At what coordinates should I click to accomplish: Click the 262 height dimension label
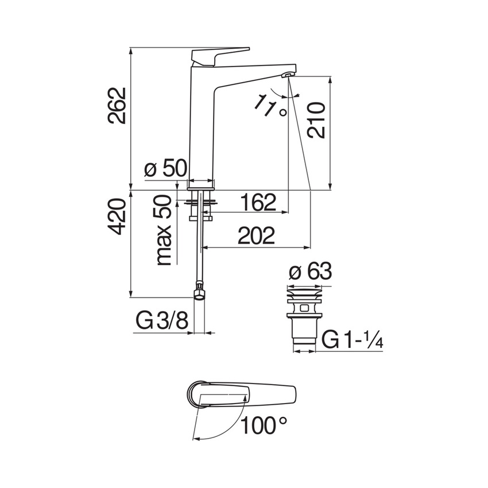pos(117,106)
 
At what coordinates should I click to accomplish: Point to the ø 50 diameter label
pos(165,169)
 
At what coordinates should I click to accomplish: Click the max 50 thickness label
pos(164,230)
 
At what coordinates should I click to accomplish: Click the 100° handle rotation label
pos(264,425)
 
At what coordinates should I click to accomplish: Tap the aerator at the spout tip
pos(287,75)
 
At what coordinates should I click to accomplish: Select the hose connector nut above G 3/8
pos(198,292)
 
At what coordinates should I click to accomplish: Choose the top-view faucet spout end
pos(287,394)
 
